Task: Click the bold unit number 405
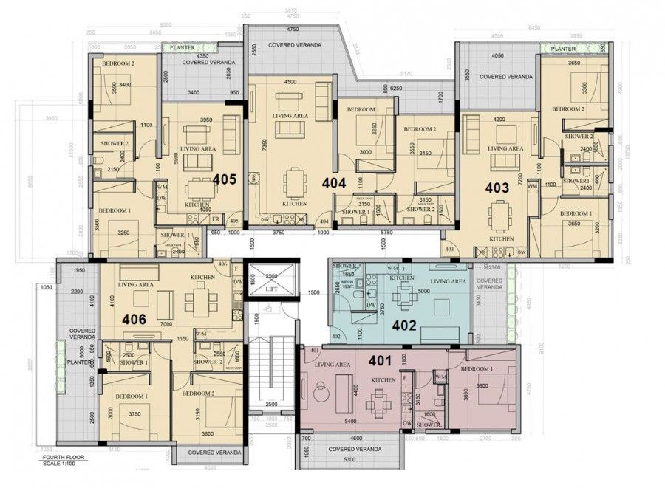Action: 225,179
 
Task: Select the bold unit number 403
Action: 497,188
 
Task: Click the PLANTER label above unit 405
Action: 183,48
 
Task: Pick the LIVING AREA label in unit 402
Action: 448,281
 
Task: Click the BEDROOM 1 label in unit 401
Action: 477,368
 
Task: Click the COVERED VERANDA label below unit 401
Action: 355,449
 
